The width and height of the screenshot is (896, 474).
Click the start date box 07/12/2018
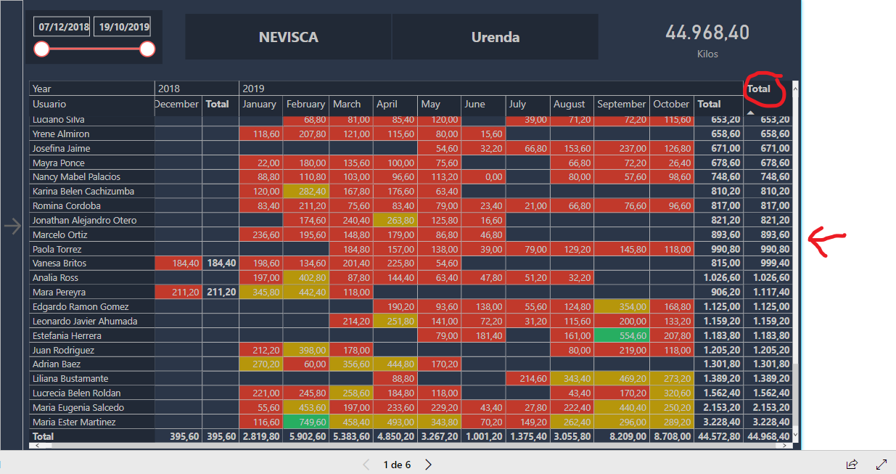(64, 27)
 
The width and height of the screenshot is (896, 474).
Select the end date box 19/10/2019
(123, 27)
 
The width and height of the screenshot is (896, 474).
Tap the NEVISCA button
(288, 37)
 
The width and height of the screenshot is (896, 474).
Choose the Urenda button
(495, 37)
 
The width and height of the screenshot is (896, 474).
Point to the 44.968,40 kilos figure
(707, 33)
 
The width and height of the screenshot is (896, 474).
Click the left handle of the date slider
(42, 49)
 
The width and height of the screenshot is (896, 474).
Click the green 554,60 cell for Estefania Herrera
(621, 335)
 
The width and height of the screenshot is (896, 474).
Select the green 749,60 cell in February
(305, 422)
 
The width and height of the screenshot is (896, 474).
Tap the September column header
(621, 104)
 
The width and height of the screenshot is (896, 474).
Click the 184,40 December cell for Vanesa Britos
(178, 263)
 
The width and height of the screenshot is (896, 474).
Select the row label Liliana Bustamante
(70, 378)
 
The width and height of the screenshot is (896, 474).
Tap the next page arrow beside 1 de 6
(429, 465)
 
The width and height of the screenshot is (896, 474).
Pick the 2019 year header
(253, 89)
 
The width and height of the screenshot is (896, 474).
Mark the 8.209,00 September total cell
(621, 436)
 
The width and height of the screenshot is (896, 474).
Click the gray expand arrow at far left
(12, 226)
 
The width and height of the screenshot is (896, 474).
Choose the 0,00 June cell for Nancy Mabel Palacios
(482, 177)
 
